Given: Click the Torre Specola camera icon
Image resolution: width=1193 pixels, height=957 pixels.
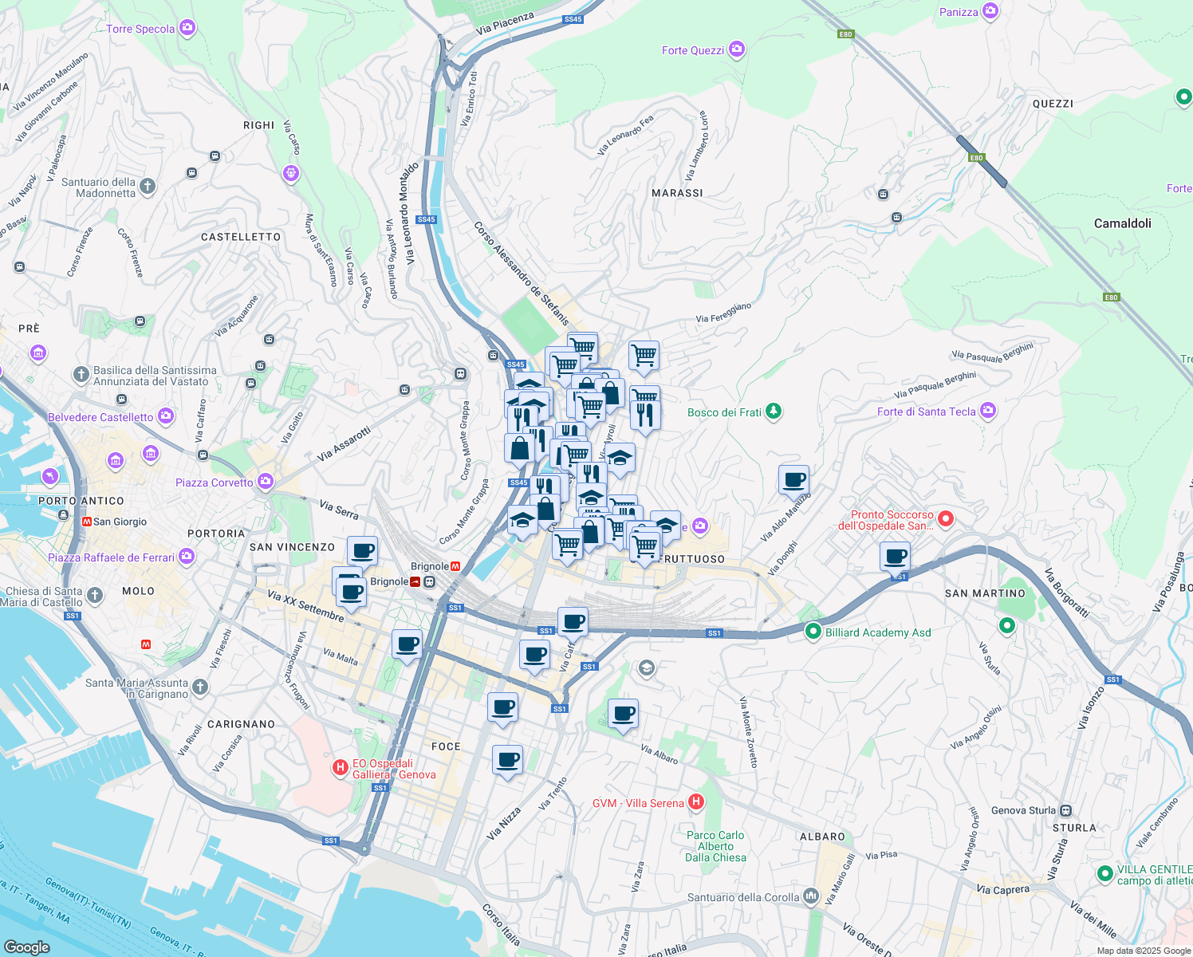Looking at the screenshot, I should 187,29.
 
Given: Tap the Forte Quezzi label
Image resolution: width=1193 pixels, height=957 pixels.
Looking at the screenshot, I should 692,50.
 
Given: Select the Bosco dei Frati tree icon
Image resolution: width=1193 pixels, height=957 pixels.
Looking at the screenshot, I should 773,412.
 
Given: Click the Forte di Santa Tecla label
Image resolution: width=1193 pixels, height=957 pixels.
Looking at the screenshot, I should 926,412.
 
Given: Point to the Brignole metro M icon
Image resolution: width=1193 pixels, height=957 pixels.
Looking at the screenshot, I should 455,566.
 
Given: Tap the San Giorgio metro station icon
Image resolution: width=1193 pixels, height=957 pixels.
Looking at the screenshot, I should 86,522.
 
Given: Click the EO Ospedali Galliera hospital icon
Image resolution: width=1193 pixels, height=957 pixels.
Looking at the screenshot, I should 340,768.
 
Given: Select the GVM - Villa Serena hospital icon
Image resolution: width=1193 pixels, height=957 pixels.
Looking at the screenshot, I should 695,802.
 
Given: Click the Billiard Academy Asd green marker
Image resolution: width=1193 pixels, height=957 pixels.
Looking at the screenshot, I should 813,632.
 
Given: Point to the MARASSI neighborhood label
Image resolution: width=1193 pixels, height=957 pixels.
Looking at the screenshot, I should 677,193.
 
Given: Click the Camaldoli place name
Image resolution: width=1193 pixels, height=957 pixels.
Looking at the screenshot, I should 1122,223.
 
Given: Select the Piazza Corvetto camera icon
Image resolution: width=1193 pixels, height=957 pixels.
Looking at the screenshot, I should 265,482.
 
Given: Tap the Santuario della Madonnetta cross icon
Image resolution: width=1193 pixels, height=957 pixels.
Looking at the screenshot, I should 148,187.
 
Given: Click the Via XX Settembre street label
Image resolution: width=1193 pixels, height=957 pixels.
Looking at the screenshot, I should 305,606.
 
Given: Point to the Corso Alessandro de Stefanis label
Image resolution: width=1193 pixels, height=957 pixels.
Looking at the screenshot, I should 522,274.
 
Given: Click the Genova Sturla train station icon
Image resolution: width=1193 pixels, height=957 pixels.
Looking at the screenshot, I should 1066,810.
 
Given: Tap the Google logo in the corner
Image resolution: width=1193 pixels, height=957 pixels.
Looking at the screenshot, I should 26,947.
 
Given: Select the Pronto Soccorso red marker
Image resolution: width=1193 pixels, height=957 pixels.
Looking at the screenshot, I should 945,519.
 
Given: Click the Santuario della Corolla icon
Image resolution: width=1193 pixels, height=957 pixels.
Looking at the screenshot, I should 811,896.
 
